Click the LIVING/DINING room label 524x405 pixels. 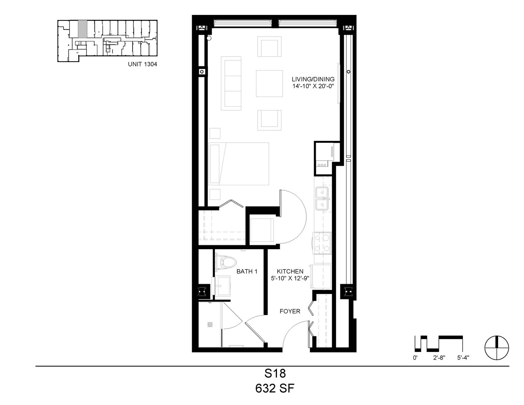[313, 79]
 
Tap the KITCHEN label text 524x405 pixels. [290, 271]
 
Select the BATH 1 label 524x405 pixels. [247, 271]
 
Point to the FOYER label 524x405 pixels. [290, 311]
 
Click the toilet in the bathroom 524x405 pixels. [226, 262]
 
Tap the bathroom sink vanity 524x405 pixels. [221, 286]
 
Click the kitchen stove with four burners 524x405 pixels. [322, 243]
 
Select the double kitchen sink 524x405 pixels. [322, 199]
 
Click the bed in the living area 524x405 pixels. [239, 164]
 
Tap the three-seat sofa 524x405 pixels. [231, 84]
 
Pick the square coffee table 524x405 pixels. [269, 84]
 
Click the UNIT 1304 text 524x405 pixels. [142, 64]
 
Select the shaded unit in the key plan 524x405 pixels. [82, 29]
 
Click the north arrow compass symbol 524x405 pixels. [497, 348]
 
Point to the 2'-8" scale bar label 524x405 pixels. [439, 358]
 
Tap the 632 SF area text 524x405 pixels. [275, 389]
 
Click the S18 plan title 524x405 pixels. [275, 374]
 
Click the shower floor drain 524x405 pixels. [210, 325]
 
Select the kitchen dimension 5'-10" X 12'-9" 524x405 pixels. [290, 278]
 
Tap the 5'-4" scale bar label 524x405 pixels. [463, 358]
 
